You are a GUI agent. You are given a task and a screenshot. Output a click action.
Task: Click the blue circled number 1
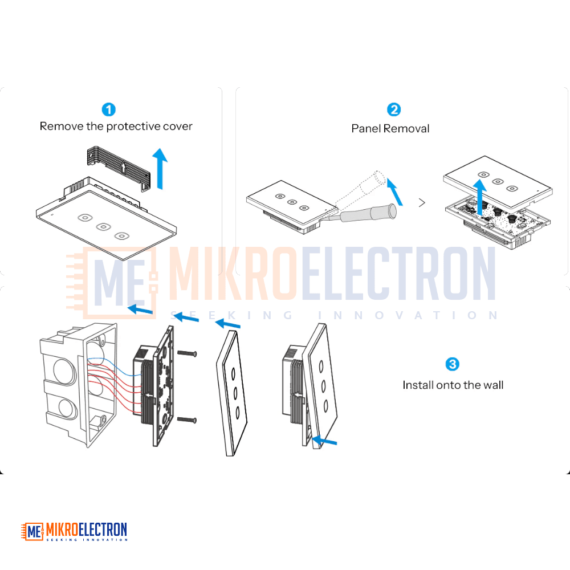point(108,109)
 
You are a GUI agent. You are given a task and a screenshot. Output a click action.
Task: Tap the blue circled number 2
point(394,109)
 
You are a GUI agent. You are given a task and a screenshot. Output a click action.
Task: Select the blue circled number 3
point(452,364)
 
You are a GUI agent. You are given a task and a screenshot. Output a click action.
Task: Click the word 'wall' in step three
point(493,385)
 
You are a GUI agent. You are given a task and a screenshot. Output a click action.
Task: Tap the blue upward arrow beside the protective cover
point(160,169)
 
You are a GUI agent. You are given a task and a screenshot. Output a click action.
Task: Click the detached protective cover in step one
point(119,168)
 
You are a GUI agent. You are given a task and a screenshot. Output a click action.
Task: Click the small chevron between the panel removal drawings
point(422,202)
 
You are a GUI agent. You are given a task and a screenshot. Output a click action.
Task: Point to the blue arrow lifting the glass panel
point(479,197)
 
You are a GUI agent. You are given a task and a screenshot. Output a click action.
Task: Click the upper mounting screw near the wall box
point(187,353)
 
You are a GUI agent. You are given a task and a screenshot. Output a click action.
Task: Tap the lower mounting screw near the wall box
point(187,420)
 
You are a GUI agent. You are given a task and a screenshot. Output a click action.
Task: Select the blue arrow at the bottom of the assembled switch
point(324,441)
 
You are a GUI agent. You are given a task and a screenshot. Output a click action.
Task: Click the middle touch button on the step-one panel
point(103,227)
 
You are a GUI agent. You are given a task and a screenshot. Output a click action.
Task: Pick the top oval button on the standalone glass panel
point(233,373)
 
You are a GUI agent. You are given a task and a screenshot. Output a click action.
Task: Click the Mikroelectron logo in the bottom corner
point(74,531)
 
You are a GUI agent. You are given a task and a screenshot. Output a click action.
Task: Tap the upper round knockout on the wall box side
point(65,370)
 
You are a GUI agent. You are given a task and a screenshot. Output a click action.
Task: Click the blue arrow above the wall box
point(140,310)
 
